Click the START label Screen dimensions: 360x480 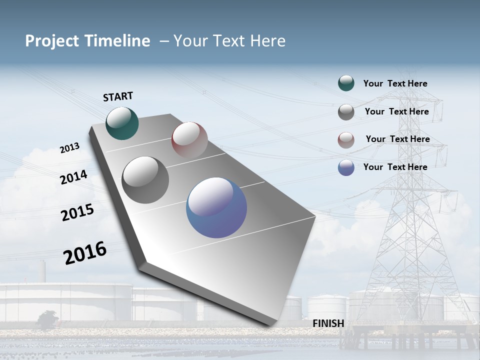click(x=118, y=96)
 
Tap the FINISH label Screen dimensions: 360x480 click(x=328, y=323)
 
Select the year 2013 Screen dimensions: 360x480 click(x=69, y=148)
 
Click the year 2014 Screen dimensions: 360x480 click(x=73, y=177)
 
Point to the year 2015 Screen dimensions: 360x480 click(x=77, y=212)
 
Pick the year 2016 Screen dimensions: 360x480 click(x=85, y=253)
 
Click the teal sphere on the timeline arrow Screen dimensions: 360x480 click(x=122, y=123)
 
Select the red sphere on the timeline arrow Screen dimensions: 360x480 click(x=189, y=139)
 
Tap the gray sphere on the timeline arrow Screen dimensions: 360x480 click(x=145, y=180)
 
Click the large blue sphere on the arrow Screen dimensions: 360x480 click(x=216, y=207)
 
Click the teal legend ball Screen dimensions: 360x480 click(x=346, y=83)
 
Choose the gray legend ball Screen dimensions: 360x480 click(x=346, y=112)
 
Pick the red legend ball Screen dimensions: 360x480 click(x=346, y=140)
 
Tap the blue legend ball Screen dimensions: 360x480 click(x=346, y=167)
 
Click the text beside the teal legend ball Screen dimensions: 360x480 click(x=395, y=84)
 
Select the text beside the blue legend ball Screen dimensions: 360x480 click(x=395, y=167)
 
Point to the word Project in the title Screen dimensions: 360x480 click(x=52, y=41)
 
